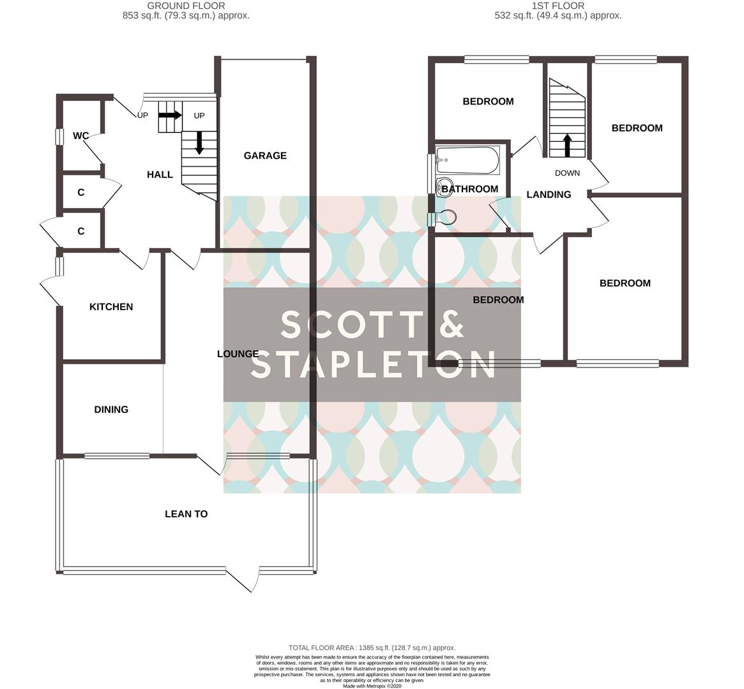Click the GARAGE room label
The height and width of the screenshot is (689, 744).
(265, 156)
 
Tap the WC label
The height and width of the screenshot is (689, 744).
(80, 136)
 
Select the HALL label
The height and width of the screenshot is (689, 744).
(160, 175)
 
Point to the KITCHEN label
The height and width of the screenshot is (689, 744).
(111, 307)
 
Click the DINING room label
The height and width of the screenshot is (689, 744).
(111, 410)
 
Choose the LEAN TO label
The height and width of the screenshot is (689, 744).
(186, 514)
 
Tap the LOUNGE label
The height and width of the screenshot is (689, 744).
(238, 354)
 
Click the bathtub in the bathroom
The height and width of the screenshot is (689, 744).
(467, 160)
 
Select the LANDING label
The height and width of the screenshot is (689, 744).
(549, 195)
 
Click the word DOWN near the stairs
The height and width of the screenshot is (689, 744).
(567, 173)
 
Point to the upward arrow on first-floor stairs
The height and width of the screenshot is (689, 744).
(567, 144)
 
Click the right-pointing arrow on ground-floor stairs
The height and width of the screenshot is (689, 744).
(170, 115)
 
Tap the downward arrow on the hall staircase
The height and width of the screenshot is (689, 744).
(199, 142)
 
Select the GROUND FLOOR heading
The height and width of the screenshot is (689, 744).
(186, 6)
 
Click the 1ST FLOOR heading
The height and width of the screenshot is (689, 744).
(558, 6)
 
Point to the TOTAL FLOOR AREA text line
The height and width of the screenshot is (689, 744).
(372, 648)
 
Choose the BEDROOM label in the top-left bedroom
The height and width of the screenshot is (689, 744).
(488, 101)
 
